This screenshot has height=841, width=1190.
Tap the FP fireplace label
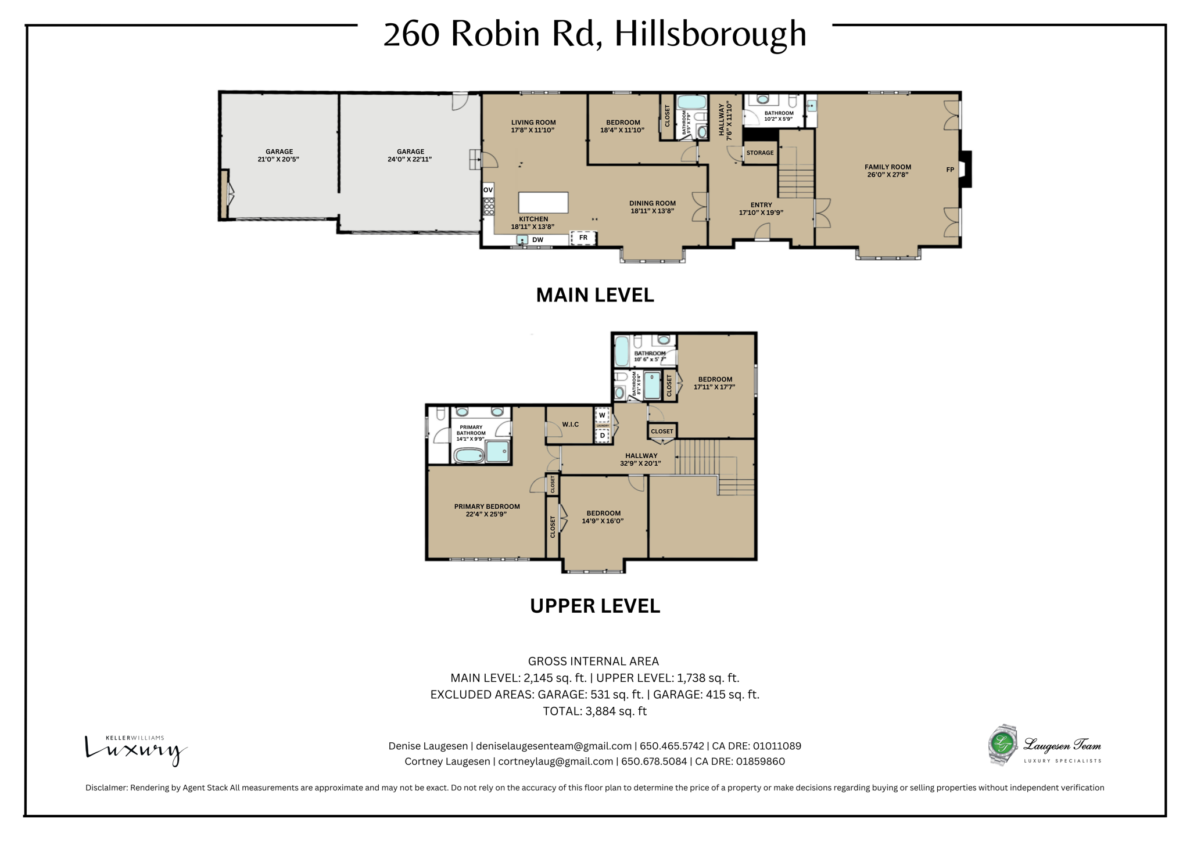tap(950, 170)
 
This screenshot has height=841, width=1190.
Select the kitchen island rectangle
tap(543, 203)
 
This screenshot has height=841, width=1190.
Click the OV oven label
tap(488, 190)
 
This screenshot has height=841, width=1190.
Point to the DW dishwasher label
tap(538, 240)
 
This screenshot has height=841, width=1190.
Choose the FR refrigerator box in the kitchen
tap(583, 238)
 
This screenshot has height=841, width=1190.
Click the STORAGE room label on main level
tap(760, 153)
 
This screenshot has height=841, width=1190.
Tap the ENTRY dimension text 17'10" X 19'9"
tap(761, 213)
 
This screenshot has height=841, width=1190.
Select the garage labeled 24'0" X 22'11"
tap(410, 156)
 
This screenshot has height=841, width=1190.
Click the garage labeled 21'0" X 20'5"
tap(278, 156)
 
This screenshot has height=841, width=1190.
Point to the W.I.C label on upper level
tap(570, 425)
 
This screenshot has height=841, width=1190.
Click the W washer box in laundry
tap(603, 415)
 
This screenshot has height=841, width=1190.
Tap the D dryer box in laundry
tap(603, 435)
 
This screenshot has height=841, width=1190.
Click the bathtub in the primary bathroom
tap(469, 455)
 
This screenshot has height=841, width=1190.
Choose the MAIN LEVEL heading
tap(594, 295)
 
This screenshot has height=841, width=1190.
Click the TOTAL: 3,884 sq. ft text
tap(594, 711)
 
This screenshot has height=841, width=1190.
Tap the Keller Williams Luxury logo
tap(135, 749)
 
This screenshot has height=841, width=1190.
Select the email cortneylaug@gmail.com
tap(555, 761)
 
